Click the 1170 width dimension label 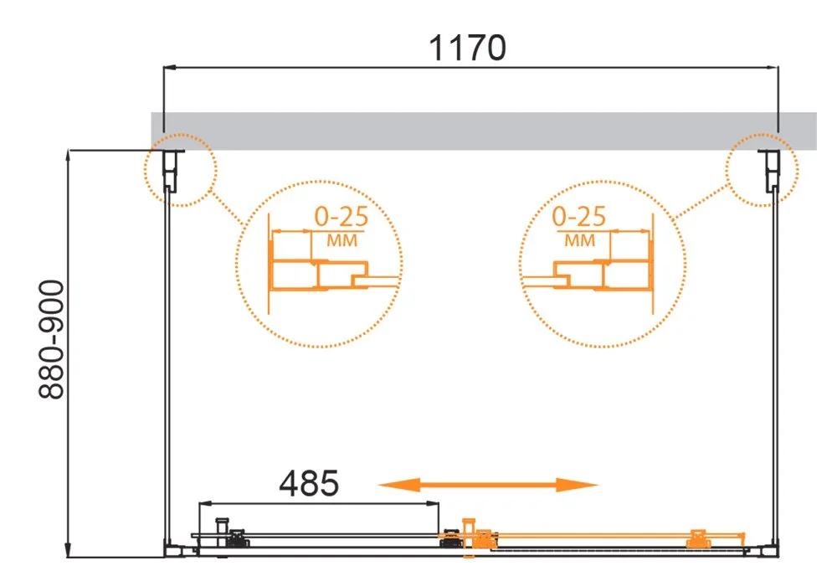click(468, 48)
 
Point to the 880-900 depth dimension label click(52, 340)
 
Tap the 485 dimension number click(309, 483)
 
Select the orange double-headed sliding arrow click(488, 485)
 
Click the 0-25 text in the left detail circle click(341, 217)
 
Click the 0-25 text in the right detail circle click(579, 217)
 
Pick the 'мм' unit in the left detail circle click(341, 241)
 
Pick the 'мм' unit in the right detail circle click(580, 241)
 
